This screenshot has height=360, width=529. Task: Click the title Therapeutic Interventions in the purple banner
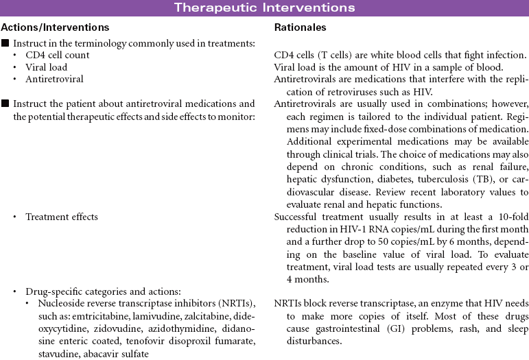point(264,8)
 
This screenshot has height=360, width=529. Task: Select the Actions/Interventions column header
point(55,28)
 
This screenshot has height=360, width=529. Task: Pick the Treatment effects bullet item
point(62,217)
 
